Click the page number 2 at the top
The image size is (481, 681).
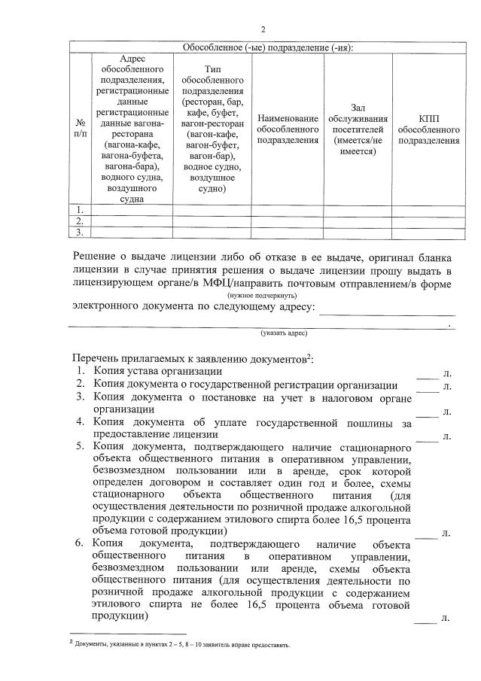pos(263,29)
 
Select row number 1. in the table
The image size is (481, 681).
pos(81,209)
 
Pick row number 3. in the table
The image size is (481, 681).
pos(81,232)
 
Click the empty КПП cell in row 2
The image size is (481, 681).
pos(428,220)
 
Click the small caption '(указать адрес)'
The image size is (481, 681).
pos(284,332)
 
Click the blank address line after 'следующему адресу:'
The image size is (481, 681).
pos(387,309)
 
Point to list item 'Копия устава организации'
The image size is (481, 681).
pos(158,371)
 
